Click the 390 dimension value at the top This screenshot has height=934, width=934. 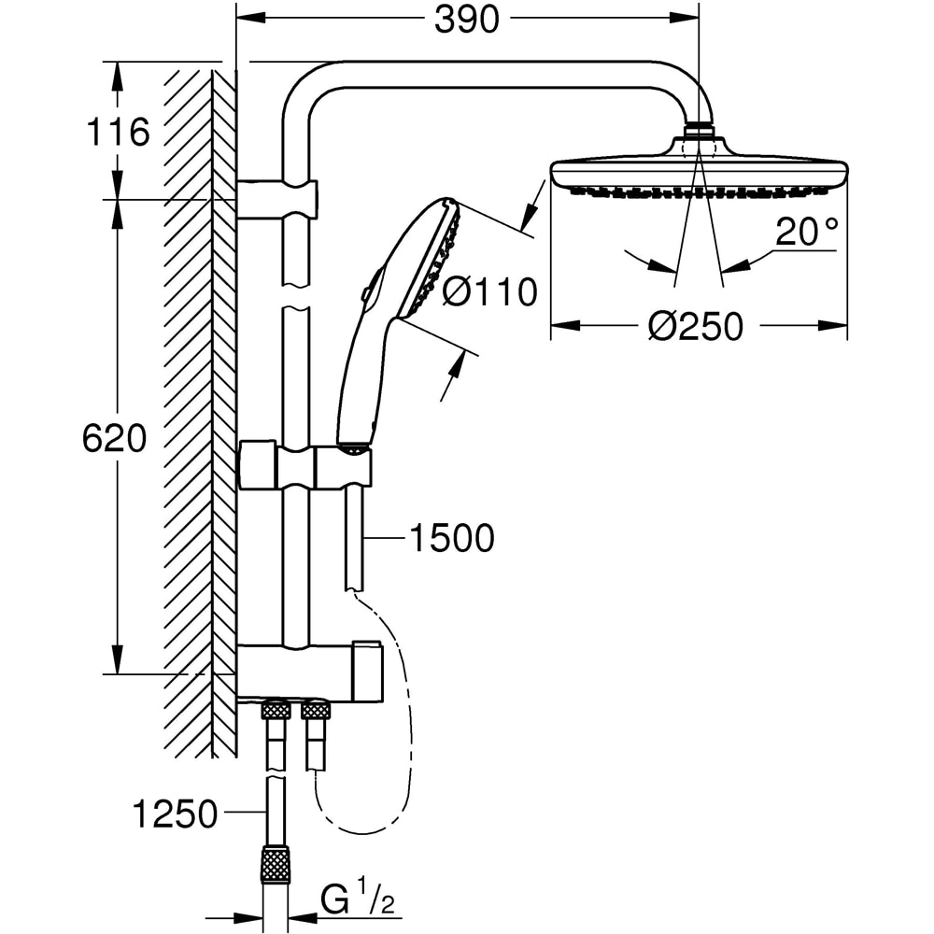click(x=467, y=20)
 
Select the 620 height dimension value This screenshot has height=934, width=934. click(x=115, y=438)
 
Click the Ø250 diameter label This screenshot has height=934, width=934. click(x=697, y=327)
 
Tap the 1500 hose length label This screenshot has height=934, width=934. click(x=451, y=538)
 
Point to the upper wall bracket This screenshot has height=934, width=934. click(x=276, y=199)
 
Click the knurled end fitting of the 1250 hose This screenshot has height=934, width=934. click(x=276, y=864)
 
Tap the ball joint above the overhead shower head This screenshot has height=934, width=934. click(x=699, y=131)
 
